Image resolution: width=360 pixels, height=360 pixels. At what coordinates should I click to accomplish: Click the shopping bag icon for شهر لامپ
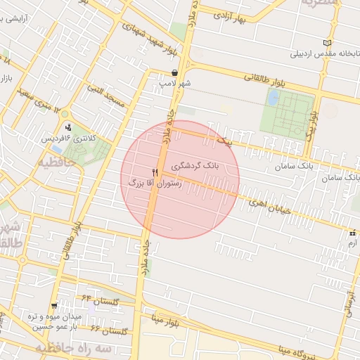(174, 73)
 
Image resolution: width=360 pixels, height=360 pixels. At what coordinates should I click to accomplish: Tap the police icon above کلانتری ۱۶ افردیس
(69, 127)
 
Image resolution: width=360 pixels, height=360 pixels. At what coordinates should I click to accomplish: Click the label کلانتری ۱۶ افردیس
(70, 138)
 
